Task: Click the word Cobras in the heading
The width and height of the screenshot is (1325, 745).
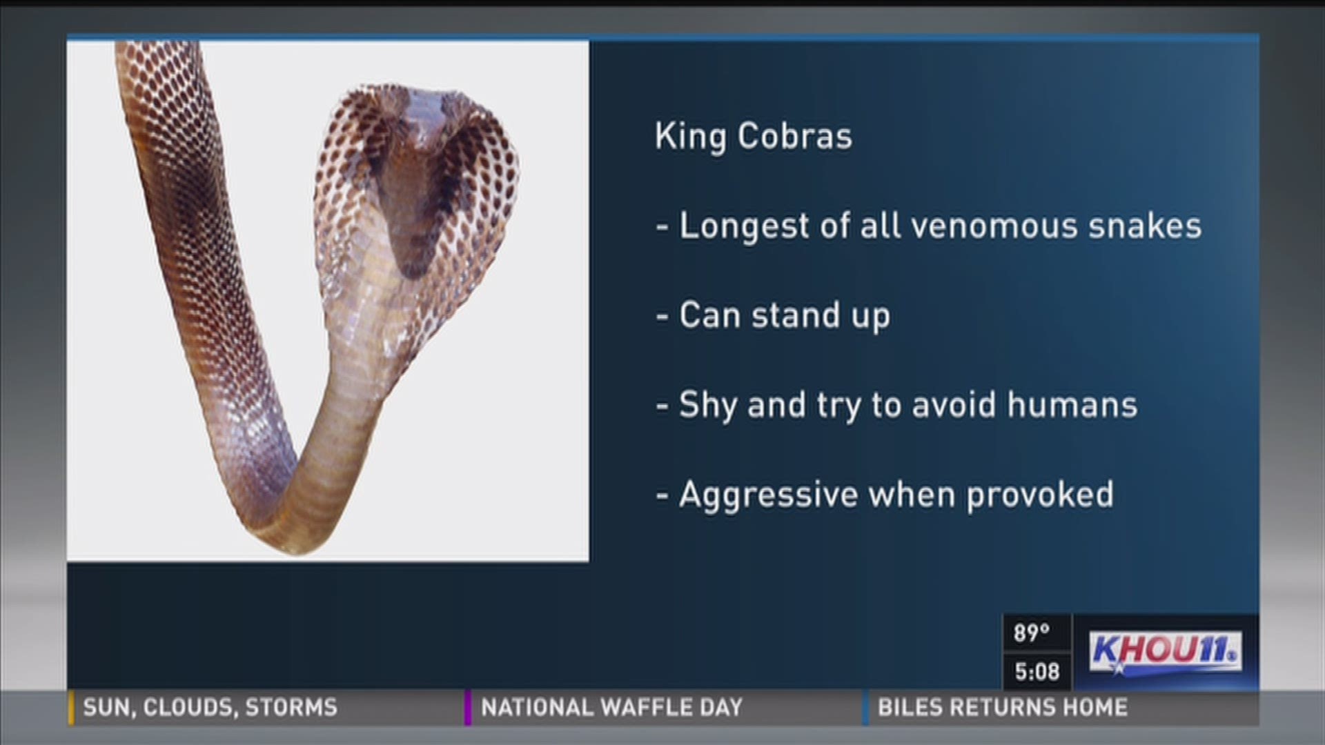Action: [x=795, y=136]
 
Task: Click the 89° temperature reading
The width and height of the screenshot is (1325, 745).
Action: [x=1031, y=633]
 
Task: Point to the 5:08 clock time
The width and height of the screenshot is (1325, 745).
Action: [x=1037, y=671]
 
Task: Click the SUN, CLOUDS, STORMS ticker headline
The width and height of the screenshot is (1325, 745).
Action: [x=210, y=707]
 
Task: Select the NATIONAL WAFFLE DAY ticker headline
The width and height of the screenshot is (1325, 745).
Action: [x=612, y=707]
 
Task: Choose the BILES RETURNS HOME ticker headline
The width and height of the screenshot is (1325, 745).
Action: [x=1003, y=707]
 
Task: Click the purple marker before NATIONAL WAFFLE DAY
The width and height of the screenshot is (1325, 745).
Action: [x=468, y=708]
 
